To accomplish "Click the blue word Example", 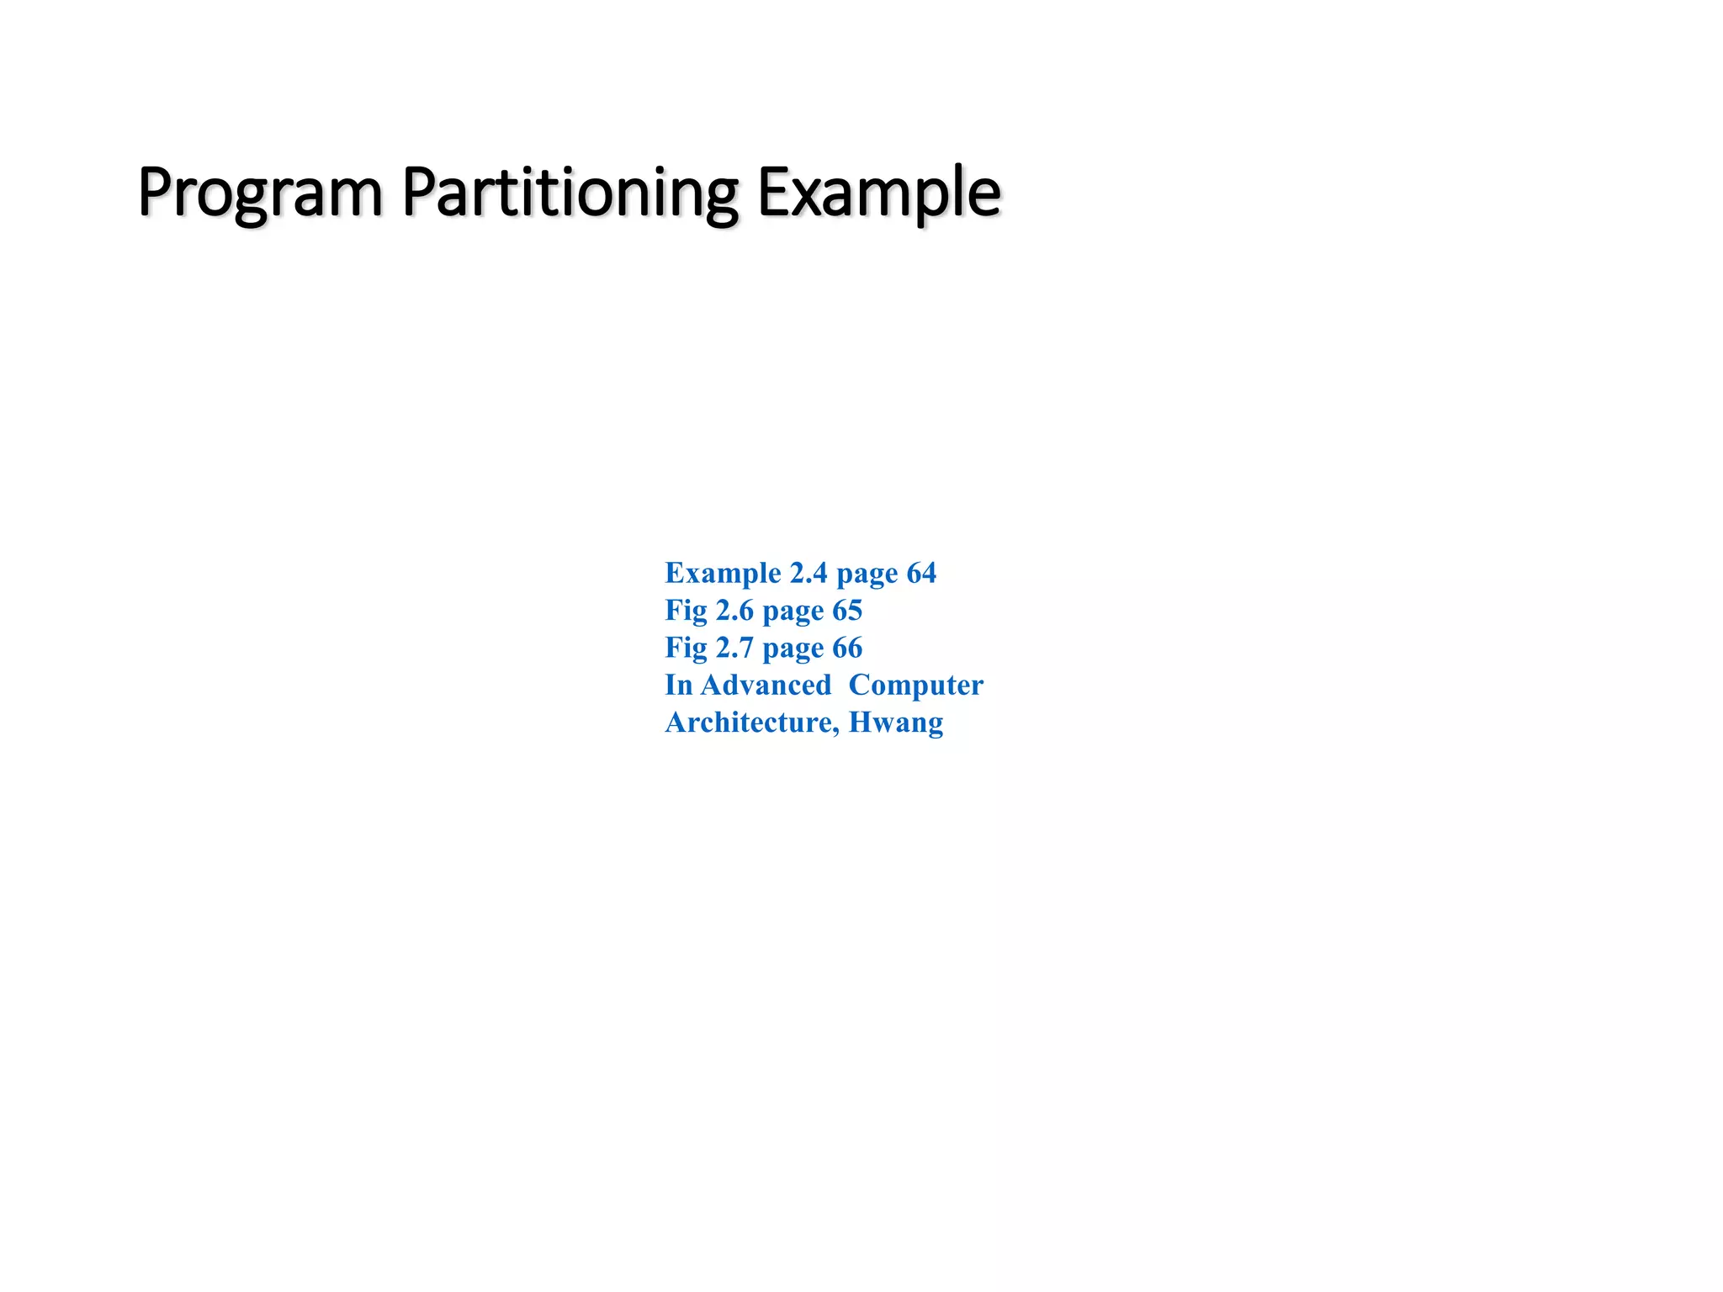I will point(723,573).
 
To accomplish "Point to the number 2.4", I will point(808,573).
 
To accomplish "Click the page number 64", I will point(921,573).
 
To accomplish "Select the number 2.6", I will point(734,610).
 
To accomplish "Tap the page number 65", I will point(847,610).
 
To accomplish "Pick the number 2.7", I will point(734,648).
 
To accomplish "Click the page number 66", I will point(847,648).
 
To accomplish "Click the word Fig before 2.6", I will point(686,610).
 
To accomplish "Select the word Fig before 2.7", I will point(686,648).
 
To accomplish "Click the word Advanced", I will point(766,685).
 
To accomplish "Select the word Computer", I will point(915,686).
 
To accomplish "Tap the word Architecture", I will point(751,722).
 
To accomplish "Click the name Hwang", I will point(896,723).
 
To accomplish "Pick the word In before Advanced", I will point(678,685).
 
